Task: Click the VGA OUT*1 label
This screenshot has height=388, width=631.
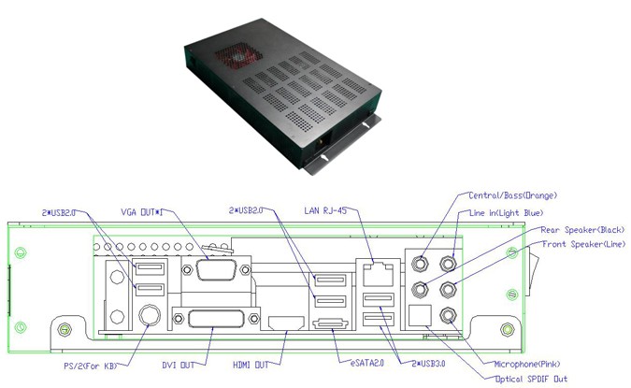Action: point(142,212)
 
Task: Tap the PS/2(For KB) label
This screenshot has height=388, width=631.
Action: point(91,366)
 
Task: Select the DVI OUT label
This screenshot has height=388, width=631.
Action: point(179,365)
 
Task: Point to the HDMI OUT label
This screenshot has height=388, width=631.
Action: point(251,365)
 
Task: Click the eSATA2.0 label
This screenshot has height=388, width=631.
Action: point(367,363)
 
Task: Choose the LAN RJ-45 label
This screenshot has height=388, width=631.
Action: point(325,210)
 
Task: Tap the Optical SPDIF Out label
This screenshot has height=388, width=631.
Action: point(531,379)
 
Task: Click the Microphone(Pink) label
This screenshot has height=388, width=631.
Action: point(527,364)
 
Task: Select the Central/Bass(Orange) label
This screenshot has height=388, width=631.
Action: point(512,195)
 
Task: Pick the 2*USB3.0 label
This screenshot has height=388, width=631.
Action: point(428,363)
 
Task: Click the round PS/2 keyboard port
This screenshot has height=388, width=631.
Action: point(150,314)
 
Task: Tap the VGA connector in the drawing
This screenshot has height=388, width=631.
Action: point(216,269)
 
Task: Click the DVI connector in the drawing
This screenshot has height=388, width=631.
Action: point(216,319)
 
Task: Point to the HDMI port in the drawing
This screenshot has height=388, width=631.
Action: point(286,323)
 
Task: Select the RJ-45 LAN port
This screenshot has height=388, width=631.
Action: point(378,275)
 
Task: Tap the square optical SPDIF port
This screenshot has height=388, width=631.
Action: point(420,315)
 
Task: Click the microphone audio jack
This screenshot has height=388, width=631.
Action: point(448,315)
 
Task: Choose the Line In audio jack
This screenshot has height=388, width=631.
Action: point(448,265)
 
